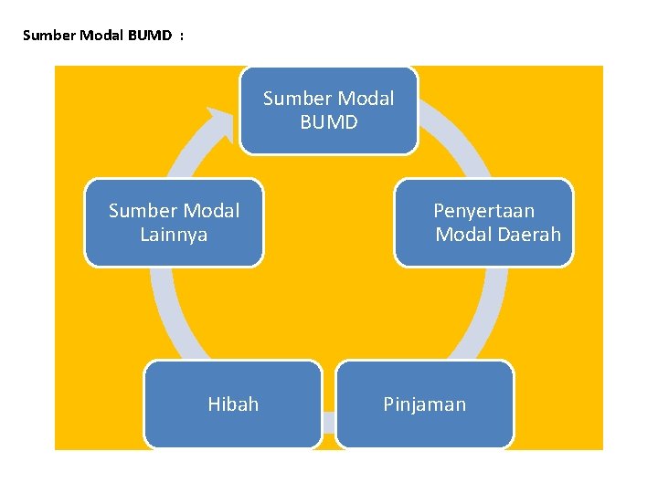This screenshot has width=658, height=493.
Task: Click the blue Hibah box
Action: [233, 404]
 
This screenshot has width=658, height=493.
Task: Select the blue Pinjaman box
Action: [425, 404]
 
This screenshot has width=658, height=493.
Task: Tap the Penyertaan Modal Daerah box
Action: [484, 223]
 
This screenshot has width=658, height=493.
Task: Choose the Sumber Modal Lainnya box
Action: [174, 223]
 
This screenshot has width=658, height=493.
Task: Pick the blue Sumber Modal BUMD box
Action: [328, 110]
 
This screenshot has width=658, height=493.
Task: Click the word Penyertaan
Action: [483, 211]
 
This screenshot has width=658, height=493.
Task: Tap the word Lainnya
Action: [174, 235]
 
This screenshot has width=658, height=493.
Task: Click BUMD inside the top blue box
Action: [329, 121]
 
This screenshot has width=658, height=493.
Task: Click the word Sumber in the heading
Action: [45, 36]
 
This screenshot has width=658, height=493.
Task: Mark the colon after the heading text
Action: [182, 36]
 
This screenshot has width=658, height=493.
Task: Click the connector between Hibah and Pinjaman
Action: [329, 422]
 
